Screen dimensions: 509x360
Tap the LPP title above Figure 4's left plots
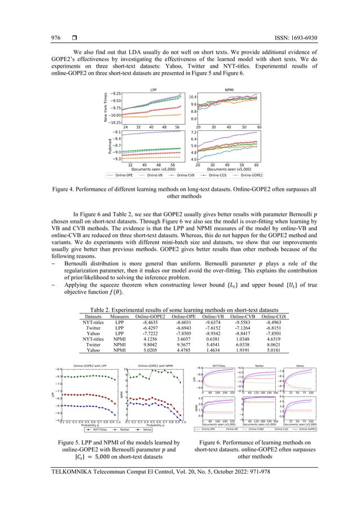click(153, 90)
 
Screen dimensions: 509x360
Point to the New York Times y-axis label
click(104, 109)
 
